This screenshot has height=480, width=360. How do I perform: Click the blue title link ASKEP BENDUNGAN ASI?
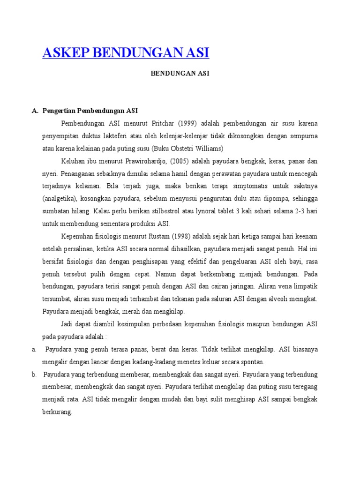pos(126,52)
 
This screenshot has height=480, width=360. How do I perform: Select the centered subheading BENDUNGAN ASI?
pos(180,74)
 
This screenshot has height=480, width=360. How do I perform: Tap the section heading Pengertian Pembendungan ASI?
pos(90,111)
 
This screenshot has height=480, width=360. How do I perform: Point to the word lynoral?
pos(211,211)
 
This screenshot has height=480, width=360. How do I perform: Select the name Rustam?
pos(164,236)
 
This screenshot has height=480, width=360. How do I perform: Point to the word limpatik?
pos(305,286)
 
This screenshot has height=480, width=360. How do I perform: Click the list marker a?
pos(34,349)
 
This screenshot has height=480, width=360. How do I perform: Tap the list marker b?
pos(34,375)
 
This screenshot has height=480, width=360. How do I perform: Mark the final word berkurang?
pos(57,412)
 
